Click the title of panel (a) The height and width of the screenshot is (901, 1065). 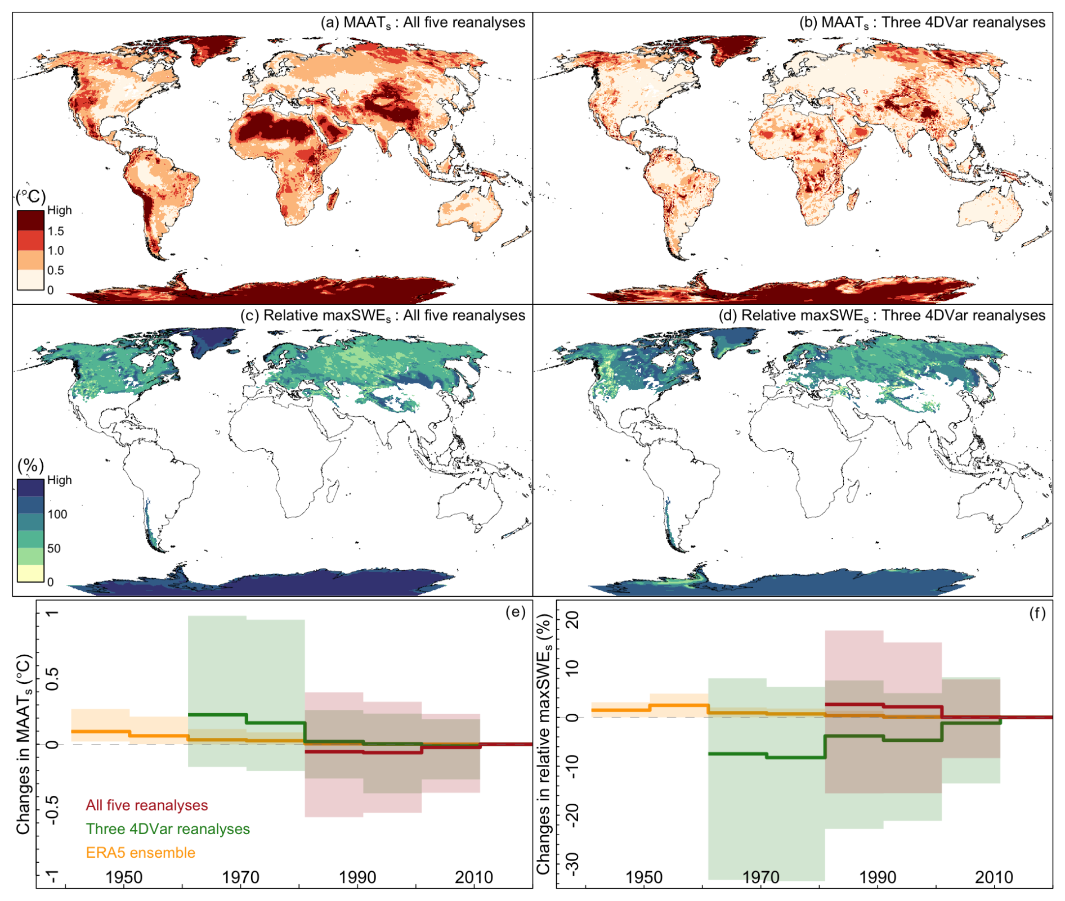[x=423, y=22]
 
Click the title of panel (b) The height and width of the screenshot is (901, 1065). [x=922, y=22]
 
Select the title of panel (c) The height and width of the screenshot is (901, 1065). [x=382, y=316]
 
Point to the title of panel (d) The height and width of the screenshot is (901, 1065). [x=881, y=316]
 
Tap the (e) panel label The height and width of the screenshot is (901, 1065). [x=516, y=612]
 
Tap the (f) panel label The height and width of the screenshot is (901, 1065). [x=1037, y=612]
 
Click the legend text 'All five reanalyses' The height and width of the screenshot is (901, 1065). [x=147, y=805]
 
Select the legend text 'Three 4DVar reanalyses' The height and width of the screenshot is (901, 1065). [x=168, y=829]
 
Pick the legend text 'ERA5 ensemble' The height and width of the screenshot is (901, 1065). [x=141, y=853]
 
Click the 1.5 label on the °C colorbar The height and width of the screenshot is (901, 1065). [x=56, y=231]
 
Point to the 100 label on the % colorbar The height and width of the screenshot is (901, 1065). [x=57, y=514]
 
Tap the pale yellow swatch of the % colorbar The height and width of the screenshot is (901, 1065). [x=30, y=574]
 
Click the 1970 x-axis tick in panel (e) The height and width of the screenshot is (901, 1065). [x=240, y=877]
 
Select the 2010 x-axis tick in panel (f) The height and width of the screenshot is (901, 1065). [x=995, y=877]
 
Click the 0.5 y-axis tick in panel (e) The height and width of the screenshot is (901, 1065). [x=52, y=679]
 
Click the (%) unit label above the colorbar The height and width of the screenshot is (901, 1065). [x=30, y=466]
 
